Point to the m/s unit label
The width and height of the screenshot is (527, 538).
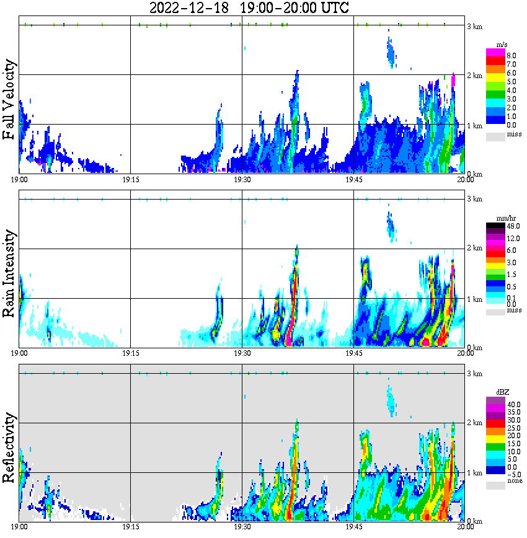502,45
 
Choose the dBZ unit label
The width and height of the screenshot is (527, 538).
502,392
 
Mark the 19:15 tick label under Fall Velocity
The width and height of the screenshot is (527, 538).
130,179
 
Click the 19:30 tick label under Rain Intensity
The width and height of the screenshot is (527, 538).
242,353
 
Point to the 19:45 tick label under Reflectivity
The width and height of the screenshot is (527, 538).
353,527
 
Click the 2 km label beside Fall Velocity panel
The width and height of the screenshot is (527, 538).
474,76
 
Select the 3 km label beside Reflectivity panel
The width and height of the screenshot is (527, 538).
474,374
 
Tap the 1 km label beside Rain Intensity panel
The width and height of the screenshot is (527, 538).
474,299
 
